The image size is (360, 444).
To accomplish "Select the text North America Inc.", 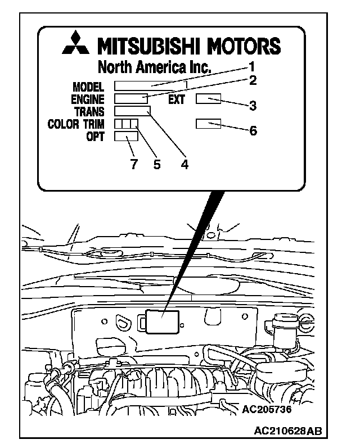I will pos(155,67).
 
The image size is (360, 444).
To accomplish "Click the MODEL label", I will pos(89,87).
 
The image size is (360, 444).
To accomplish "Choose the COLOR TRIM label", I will pos(76,124).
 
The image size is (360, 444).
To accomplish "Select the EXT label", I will pos(177,100).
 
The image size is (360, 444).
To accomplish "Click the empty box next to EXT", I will pos(208,99).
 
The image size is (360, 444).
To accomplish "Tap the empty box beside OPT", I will pos(126,136).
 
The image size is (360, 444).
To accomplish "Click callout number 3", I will pos(253,105).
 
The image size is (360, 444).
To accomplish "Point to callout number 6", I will pos(253,130).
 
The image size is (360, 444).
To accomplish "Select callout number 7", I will pos(133,164).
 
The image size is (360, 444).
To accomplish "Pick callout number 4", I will pos(184,164).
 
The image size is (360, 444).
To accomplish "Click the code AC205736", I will pos(268,409).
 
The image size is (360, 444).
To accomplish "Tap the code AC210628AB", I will pos(288,431).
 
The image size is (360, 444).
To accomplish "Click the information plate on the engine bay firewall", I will pos(163,322).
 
